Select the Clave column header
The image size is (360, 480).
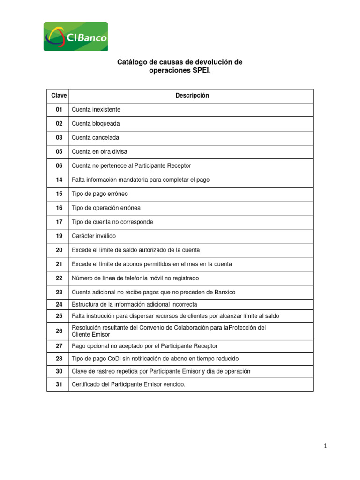[x=59, y=96]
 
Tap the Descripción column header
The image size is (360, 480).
[x=192, y=96]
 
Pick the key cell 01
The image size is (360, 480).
[x=59, y=110]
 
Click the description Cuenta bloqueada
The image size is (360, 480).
[x=96, y=124]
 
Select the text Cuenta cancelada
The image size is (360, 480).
[x=95, y=138]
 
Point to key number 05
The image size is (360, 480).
[x=59, y=152]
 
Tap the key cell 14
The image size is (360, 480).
[x=59, y=180]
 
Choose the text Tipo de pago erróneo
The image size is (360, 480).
[x=99, y=194]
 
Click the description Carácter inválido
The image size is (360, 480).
[x=93, y=236]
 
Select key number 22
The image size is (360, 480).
[x=59, y=278]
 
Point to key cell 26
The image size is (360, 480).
[x=59, y=331]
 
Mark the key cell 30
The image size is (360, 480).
[x=59, y=371]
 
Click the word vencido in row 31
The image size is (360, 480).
[x=173, y=385]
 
